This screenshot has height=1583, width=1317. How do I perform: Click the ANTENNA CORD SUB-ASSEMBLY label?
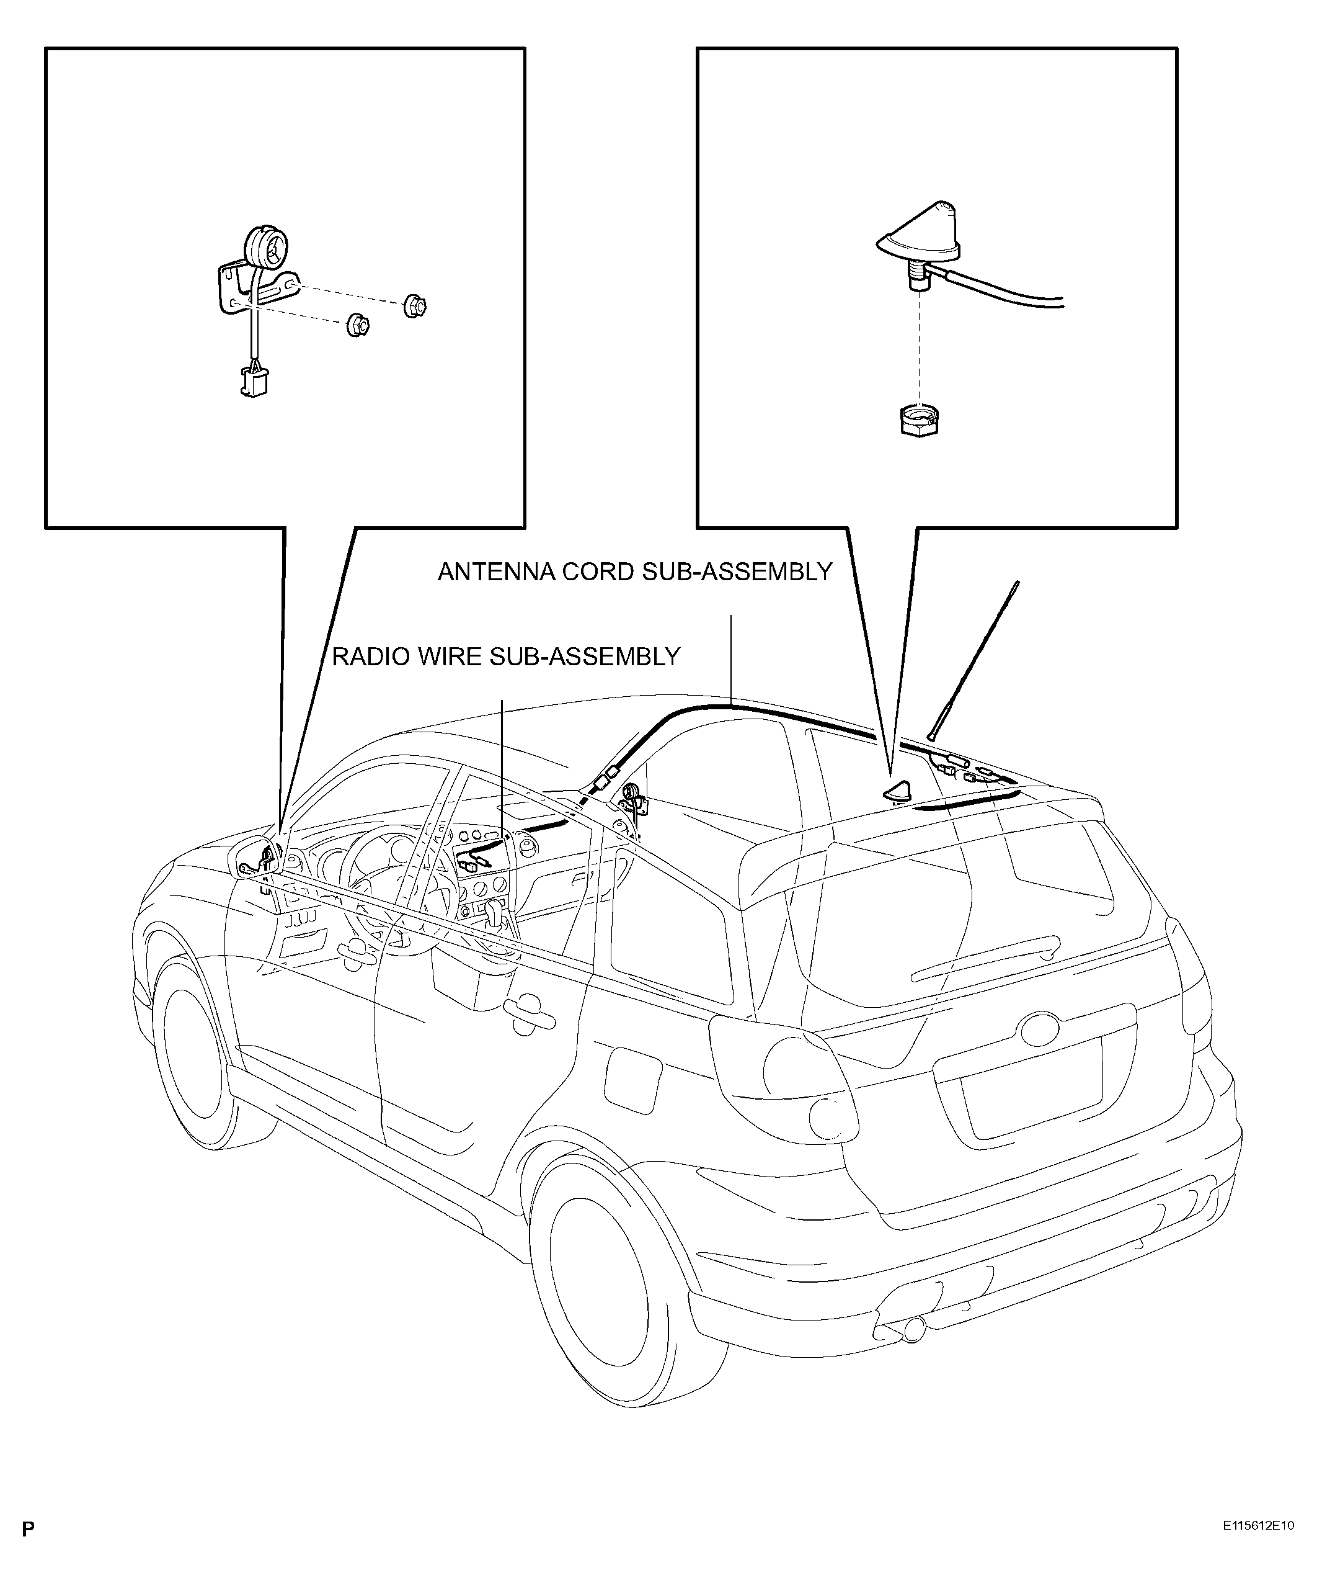tap(634, 572)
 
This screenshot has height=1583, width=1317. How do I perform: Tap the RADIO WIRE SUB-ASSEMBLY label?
tap(507, 657)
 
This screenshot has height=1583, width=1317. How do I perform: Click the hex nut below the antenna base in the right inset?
tap(918, 421)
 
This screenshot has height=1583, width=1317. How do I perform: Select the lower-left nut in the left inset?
tap(357, 326)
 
